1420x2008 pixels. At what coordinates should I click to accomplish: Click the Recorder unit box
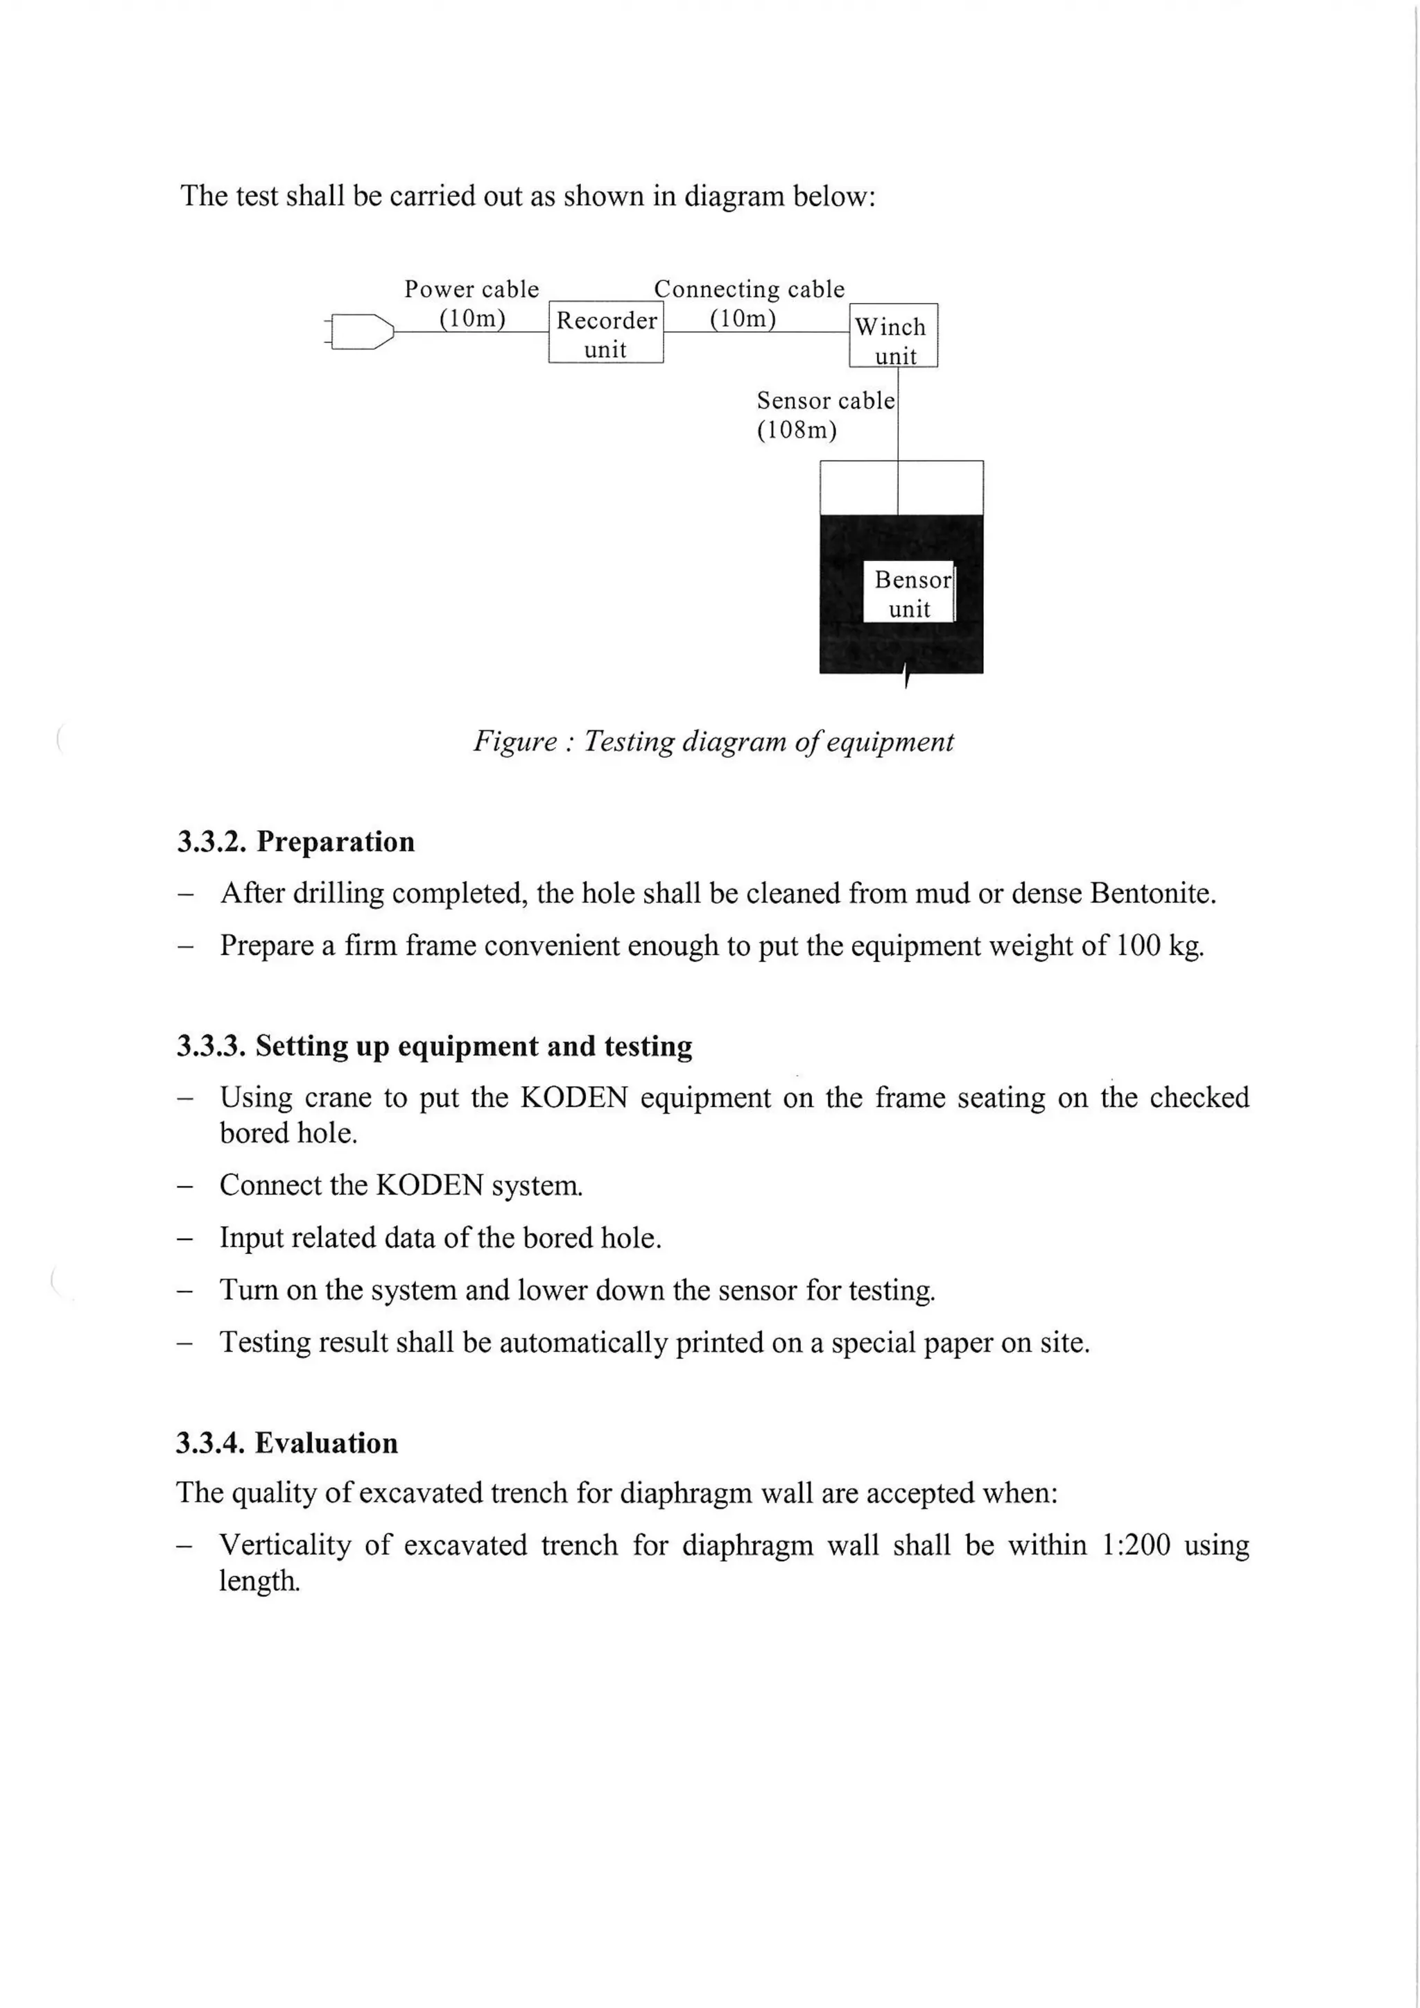[x=606, y=333]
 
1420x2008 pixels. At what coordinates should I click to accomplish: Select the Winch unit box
[x=893, y=336]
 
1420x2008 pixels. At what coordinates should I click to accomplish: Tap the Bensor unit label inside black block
[x=910, y=593]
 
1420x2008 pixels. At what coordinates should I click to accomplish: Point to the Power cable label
[x=471, y=289]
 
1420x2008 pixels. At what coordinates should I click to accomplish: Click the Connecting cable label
[x=750, y=289]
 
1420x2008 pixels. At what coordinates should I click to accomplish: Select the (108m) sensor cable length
[x=797, y=430]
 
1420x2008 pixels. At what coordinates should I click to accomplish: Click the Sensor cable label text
[x=825, y=400]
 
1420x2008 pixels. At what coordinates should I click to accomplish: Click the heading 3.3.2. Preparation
[x=295, y=841]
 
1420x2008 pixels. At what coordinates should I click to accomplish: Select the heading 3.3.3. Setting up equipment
[x=435, y=1046]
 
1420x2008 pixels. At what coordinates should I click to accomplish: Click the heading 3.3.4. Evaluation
[x=287, y=1443]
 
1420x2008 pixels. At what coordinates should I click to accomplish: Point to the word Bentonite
[x=1152, y=894]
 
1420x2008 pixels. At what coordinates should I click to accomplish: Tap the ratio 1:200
[x=1136, y=1545]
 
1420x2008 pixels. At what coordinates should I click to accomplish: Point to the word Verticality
[x=284, y=1545]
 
